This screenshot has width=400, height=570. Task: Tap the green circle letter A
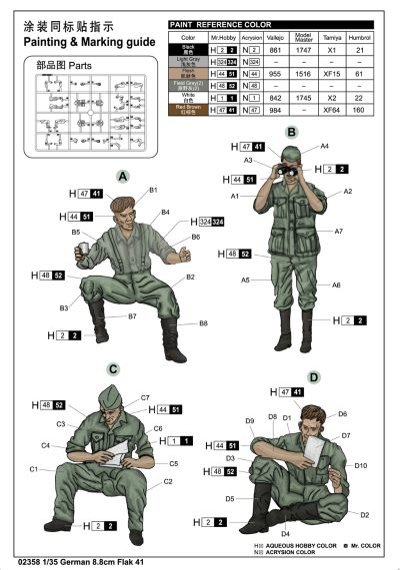coord(97,177)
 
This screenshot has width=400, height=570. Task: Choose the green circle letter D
coord(314,377)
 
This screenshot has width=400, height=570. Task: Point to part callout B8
coord(203,323)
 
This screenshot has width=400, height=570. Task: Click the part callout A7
coord(339,232)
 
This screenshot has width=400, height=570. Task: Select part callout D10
coord(361,466)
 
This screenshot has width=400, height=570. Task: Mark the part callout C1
coord(33,468)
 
